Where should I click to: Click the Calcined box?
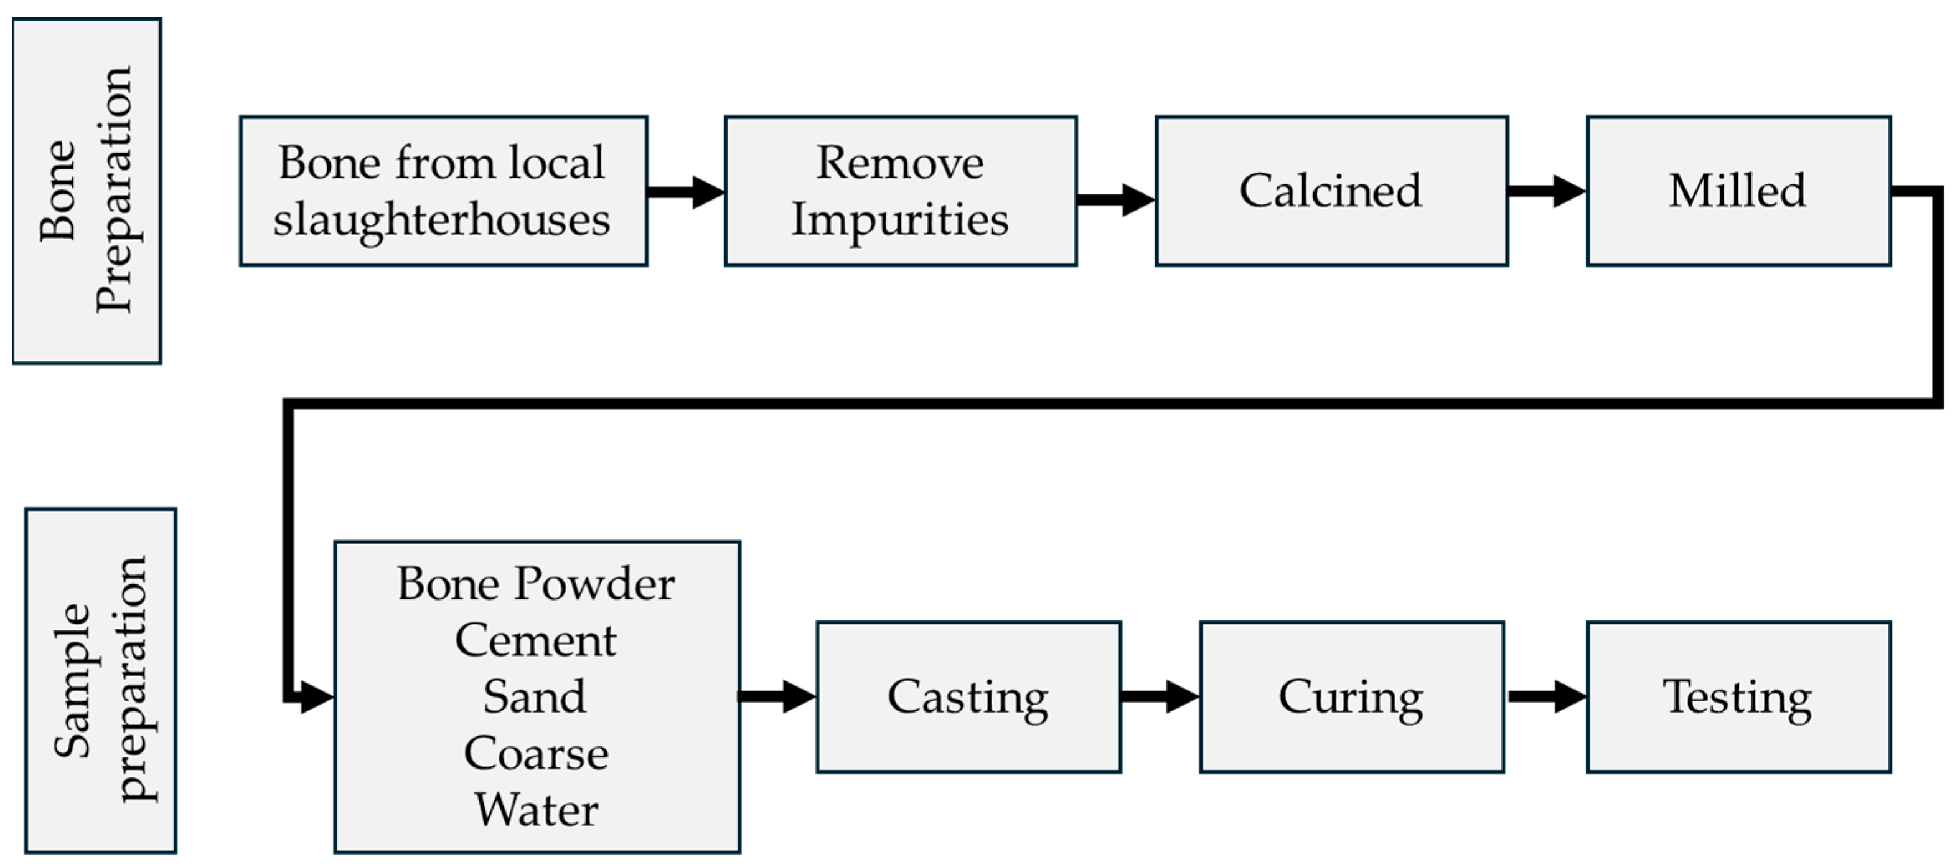pyautogui.click(x=1331, y=191)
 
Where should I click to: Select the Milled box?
pyautogui.click(x=1738, y=191)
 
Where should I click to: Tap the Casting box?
pyautogui.click(x=968, y=696)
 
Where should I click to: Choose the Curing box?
pyautogui.click(x=1351, y=696)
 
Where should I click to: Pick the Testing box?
pyautogui.click(x=1738, y=696)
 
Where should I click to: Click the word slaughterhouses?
pyautogui.click(x=442, y=220)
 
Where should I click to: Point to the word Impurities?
pyautogui.click(x=900, y=220)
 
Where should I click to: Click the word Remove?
pyautogui.click(x=900, y=163)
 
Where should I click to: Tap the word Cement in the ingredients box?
pyautogui.click(x=536, y=640)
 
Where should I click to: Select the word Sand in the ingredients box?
pyautogui.click(x=535, y=696)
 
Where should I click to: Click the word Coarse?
pyautogui.click(x=536, y=753)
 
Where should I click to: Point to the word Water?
pyautogui.click(x=537, y=809)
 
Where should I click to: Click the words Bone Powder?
pyautogui.click(x=536, y=584)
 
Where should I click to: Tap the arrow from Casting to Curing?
pyautogui.click(x=1159, y=696)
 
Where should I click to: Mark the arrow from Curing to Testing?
pyautogui.click(x=1545, y=696)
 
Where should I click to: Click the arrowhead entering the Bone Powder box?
pyautogui.click(x=316, y=696)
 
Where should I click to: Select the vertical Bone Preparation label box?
pyautogui.click(x=87, y=191)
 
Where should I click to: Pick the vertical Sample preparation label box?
pyautogui.click(x=101, y=680)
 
